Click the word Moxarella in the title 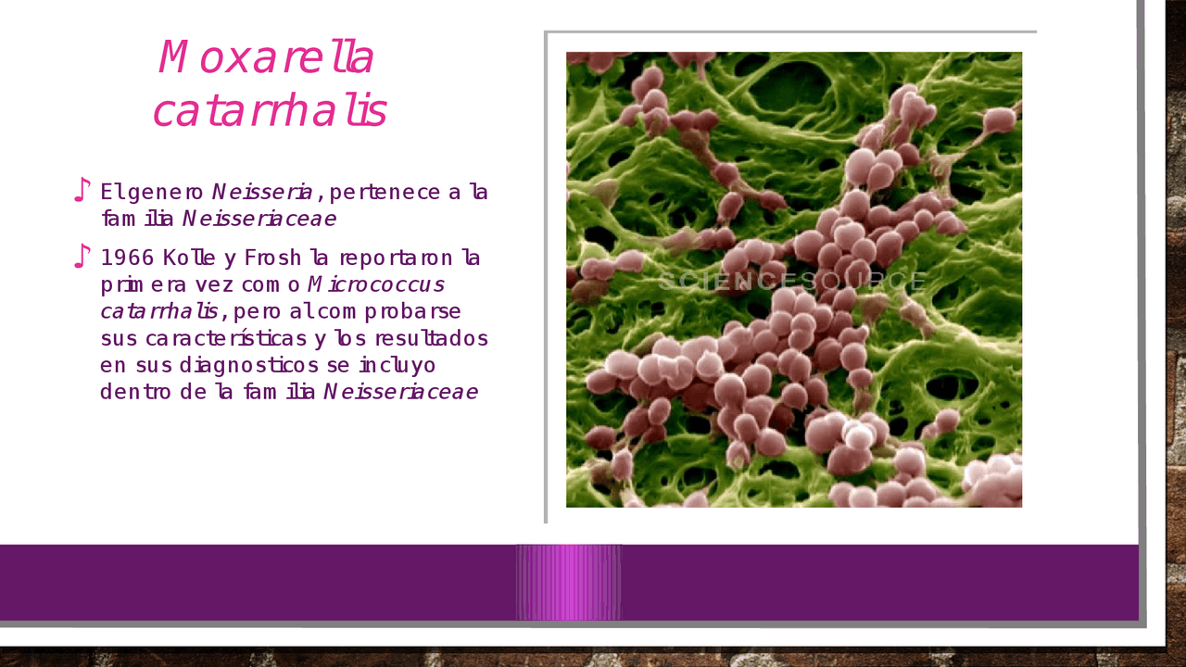[x=266, y=57]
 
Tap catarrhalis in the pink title [x=270, y=110]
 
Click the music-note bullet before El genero [x=82, y=190]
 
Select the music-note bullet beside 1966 [x=82, y=257]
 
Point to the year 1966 [x=127, y=258]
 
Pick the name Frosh [x=272, y=258]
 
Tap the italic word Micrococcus [x=376, y=284]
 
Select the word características [x=226, y=338]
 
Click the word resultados [x=432, y=338]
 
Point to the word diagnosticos [x=249, y=365]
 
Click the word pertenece [x=385, y=192]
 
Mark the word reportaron [x=396, y=258]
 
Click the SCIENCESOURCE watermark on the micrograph [x=792, y=281]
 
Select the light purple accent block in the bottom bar [x=569, y=583]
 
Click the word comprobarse [x=375, y=311]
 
